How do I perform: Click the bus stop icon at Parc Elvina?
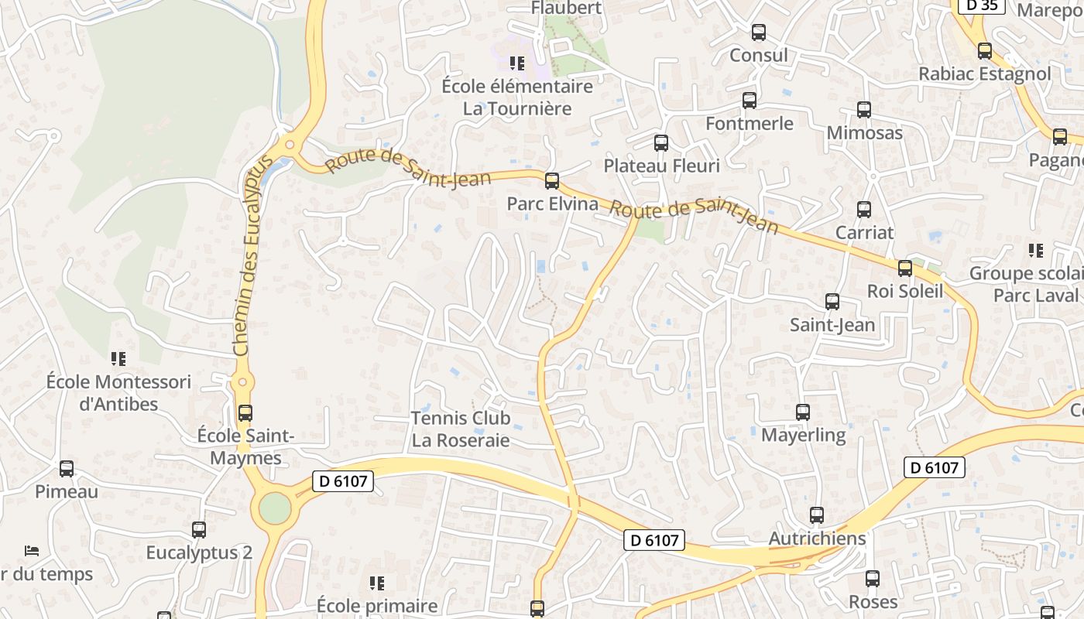pos(551,181)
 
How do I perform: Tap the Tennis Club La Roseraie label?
pos(461,429)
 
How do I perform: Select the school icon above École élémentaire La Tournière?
pos(516,63)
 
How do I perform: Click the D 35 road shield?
pos(981,5)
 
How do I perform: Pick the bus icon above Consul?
pos(758,32)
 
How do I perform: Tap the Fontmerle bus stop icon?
pos(749,101)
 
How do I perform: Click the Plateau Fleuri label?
pos(661,166)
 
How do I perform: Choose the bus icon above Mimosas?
pos(864,110)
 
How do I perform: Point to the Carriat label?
pos(864,232)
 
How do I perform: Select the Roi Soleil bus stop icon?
pos(904,268)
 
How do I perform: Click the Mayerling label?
pos(803,435)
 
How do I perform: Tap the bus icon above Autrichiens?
pos(816,515)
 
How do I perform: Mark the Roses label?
pos(873,602)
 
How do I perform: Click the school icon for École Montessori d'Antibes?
pos(118,358)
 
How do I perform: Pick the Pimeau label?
pos(67,491)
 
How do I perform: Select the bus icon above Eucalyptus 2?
pos(199,530)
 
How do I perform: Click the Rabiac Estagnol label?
pos(984,74)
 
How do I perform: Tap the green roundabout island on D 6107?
pos(275,508)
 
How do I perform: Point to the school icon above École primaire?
pos(377,583)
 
